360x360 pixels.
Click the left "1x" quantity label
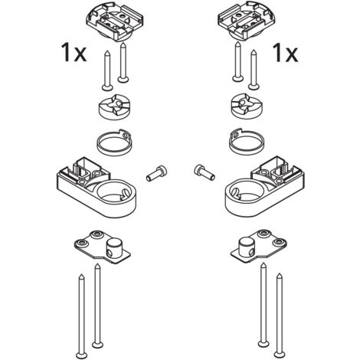(74, 53)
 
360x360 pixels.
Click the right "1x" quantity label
(285, 53)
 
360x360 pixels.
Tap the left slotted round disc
(115, 106)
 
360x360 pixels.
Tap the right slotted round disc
(247, 106)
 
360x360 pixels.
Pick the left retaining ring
(114, 142)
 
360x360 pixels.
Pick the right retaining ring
(247, 142)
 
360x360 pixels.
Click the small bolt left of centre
(156, 173)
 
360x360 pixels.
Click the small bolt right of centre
(205, 172)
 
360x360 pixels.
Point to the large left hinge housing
(97, 188)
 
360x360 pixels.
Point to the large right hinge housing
(264, 188)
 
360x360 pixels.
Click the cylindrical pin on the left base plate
(113, 248)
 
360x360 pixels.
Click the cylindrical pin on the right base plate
(247, 247)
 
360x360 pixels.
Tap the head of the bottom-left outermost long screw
(82, 355)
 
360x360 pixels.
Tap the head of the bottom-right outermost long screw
(280, 355)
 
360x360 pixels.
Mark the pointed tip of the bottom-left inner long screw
(97, 264)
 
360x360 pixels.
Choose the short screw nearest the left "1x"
(107, 70)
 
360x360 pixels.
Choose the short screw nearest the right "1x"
(254, 70)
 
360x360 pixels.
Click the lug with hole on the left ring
(125, 134)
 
